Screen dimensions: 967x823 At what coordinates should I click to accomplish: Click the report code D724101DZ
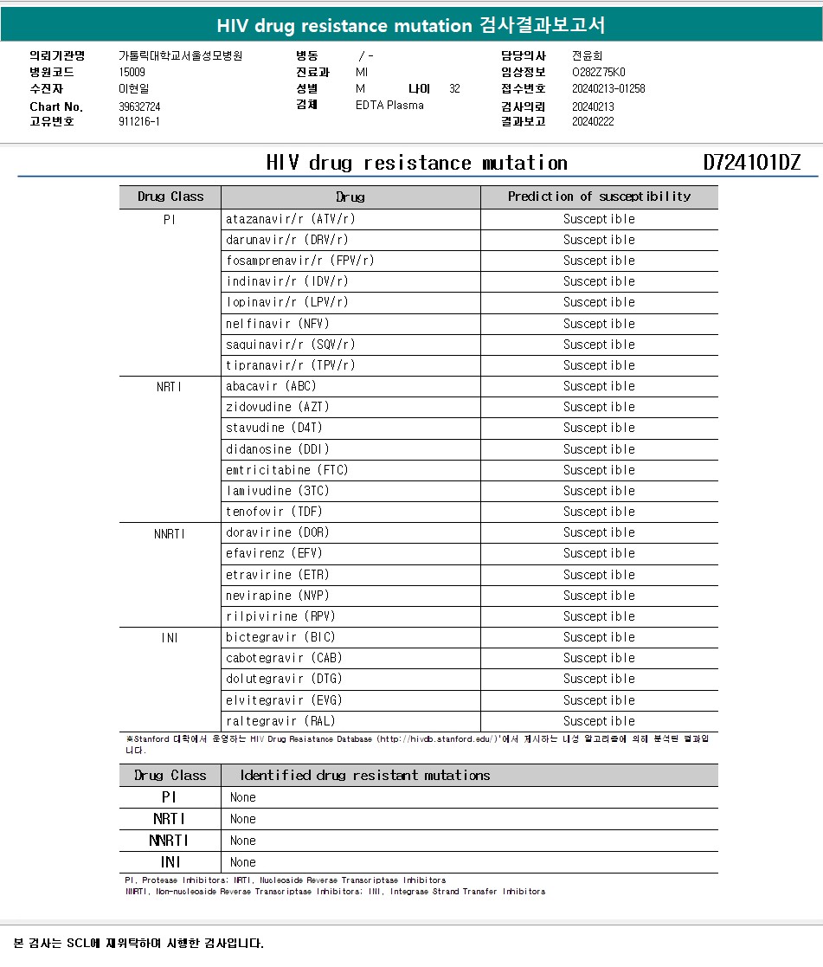[x=751, y=163]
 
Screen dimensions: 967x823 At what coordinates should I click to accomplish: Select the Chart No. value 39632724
[x=139, y=106]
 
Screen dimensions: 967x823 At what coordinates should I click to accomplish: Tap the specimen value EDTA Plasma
[x=389, y=106]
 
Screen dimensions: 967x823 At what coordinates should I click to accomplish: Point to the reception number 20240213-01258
[x=608, y=88]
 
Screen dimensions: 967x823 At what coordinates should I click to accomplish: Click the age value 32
[x=454, y=88]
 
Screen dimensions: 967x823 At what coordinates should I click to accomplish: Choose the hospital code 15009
[x=132, y=72]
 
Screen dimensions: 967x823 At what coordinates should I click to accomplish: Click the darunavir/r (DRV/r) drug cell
[x=287, y=240]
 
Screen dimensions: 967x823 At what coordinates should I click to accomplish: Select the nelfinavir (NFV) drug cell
[x=278, y=324]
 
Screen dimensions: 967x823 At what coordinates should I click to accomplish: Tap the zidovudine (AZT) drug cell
[x=278, y=407]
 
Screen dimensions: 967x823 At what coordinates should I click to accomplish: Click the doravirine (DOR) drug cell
[x=278, y=532]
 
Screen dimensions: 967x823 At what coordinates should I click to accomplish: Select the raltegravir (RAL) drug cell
[x=280, y=721]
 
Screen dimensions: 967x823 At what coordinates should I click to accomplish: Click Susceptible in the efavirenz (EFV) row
[x=599, y=553]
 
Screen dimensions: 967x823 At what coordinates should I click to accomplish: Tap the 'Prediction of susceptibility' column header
[x=599, y=197]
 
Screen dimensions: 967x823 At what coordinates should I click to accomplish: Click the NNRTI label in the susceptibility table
[x=170, y=533]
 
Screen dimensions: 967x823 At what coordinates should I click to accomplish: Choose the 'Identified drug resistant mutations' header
[x=365, y=775]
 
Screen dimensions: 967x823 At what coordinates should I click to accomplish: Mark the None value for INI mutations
[x=243, y=862]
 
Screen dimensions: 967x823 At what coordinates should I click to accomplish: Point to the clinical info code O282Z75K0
[x=598, y=72]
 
